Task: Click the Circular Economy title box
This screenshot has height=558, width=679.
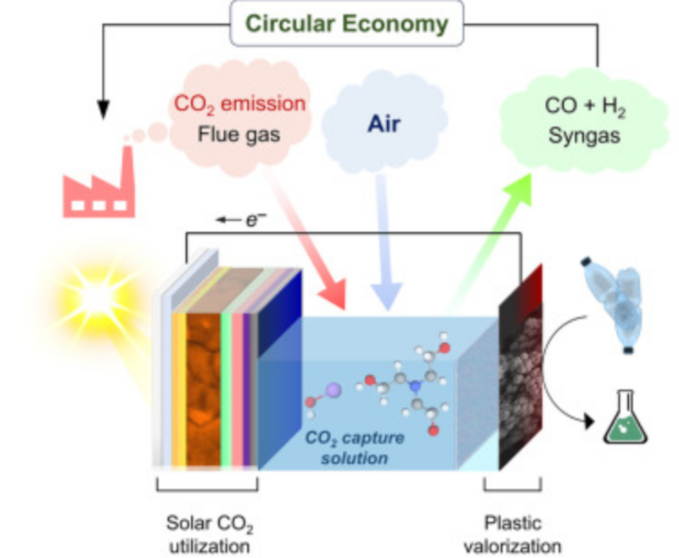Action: pos(346,24)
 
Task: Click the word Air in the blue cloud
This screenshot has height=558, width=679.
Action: pos(384,126)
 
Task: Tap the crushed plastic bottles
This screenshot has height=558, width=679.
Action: pos(625,296)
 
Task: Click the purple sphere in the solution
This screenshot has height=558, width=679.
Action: pos(333,388)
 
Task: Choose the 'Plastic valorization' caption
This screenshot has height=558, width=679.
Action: pos(519,531)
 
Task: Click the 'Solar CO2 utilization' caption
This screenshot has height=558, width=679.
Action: pos(208,531)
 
